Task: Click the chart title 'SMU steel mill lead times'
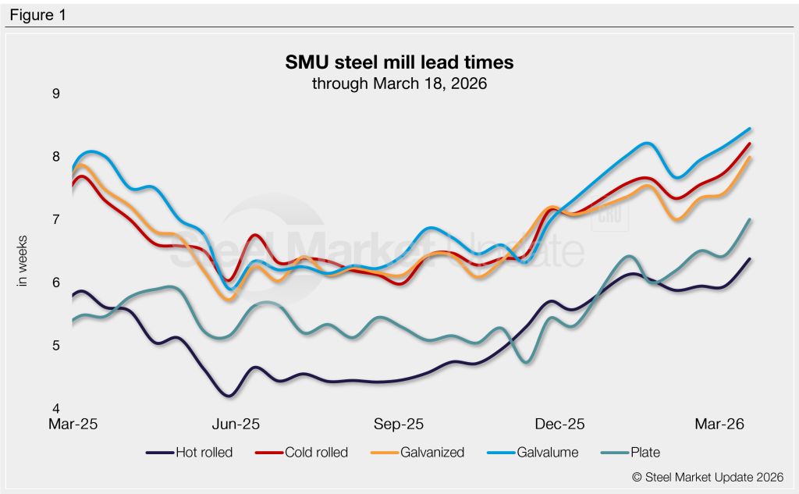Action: tap(399, 62)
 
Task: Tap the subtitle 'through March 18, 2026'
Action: tap(399, 84)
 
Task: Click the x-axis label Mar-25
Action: tap(75, 425)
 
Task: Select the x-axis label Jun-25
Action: tap(236, 425)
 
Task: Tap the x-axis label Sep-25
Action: tap(399, 425)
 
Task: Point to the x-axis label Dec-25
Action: tap(560, 425)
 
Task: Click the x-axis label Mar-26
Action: tap(719, 425)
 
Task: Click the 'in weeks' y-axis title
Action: tap(23, 261)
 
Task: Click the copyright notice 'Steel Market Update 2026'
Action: tap(707, 477)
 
